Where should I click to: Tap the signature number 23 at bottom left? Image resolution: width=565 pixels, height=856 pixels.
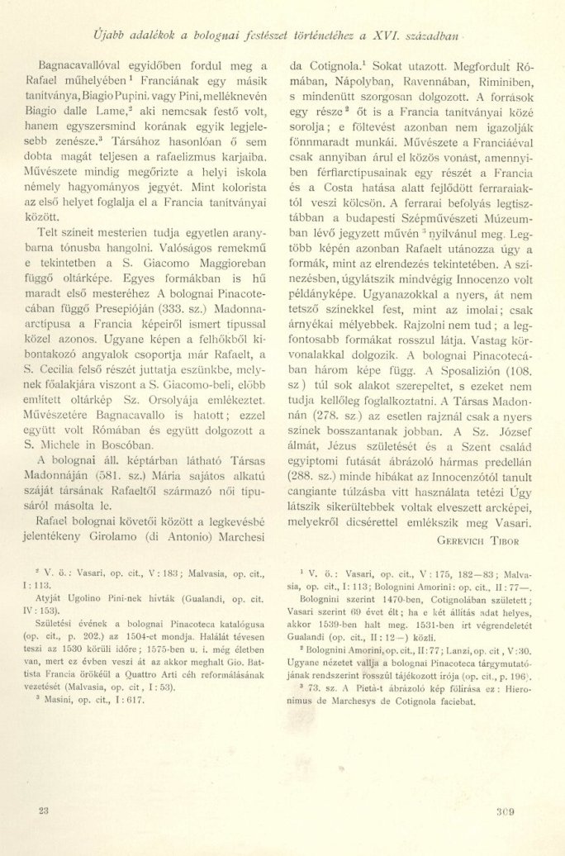(44, 811)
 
